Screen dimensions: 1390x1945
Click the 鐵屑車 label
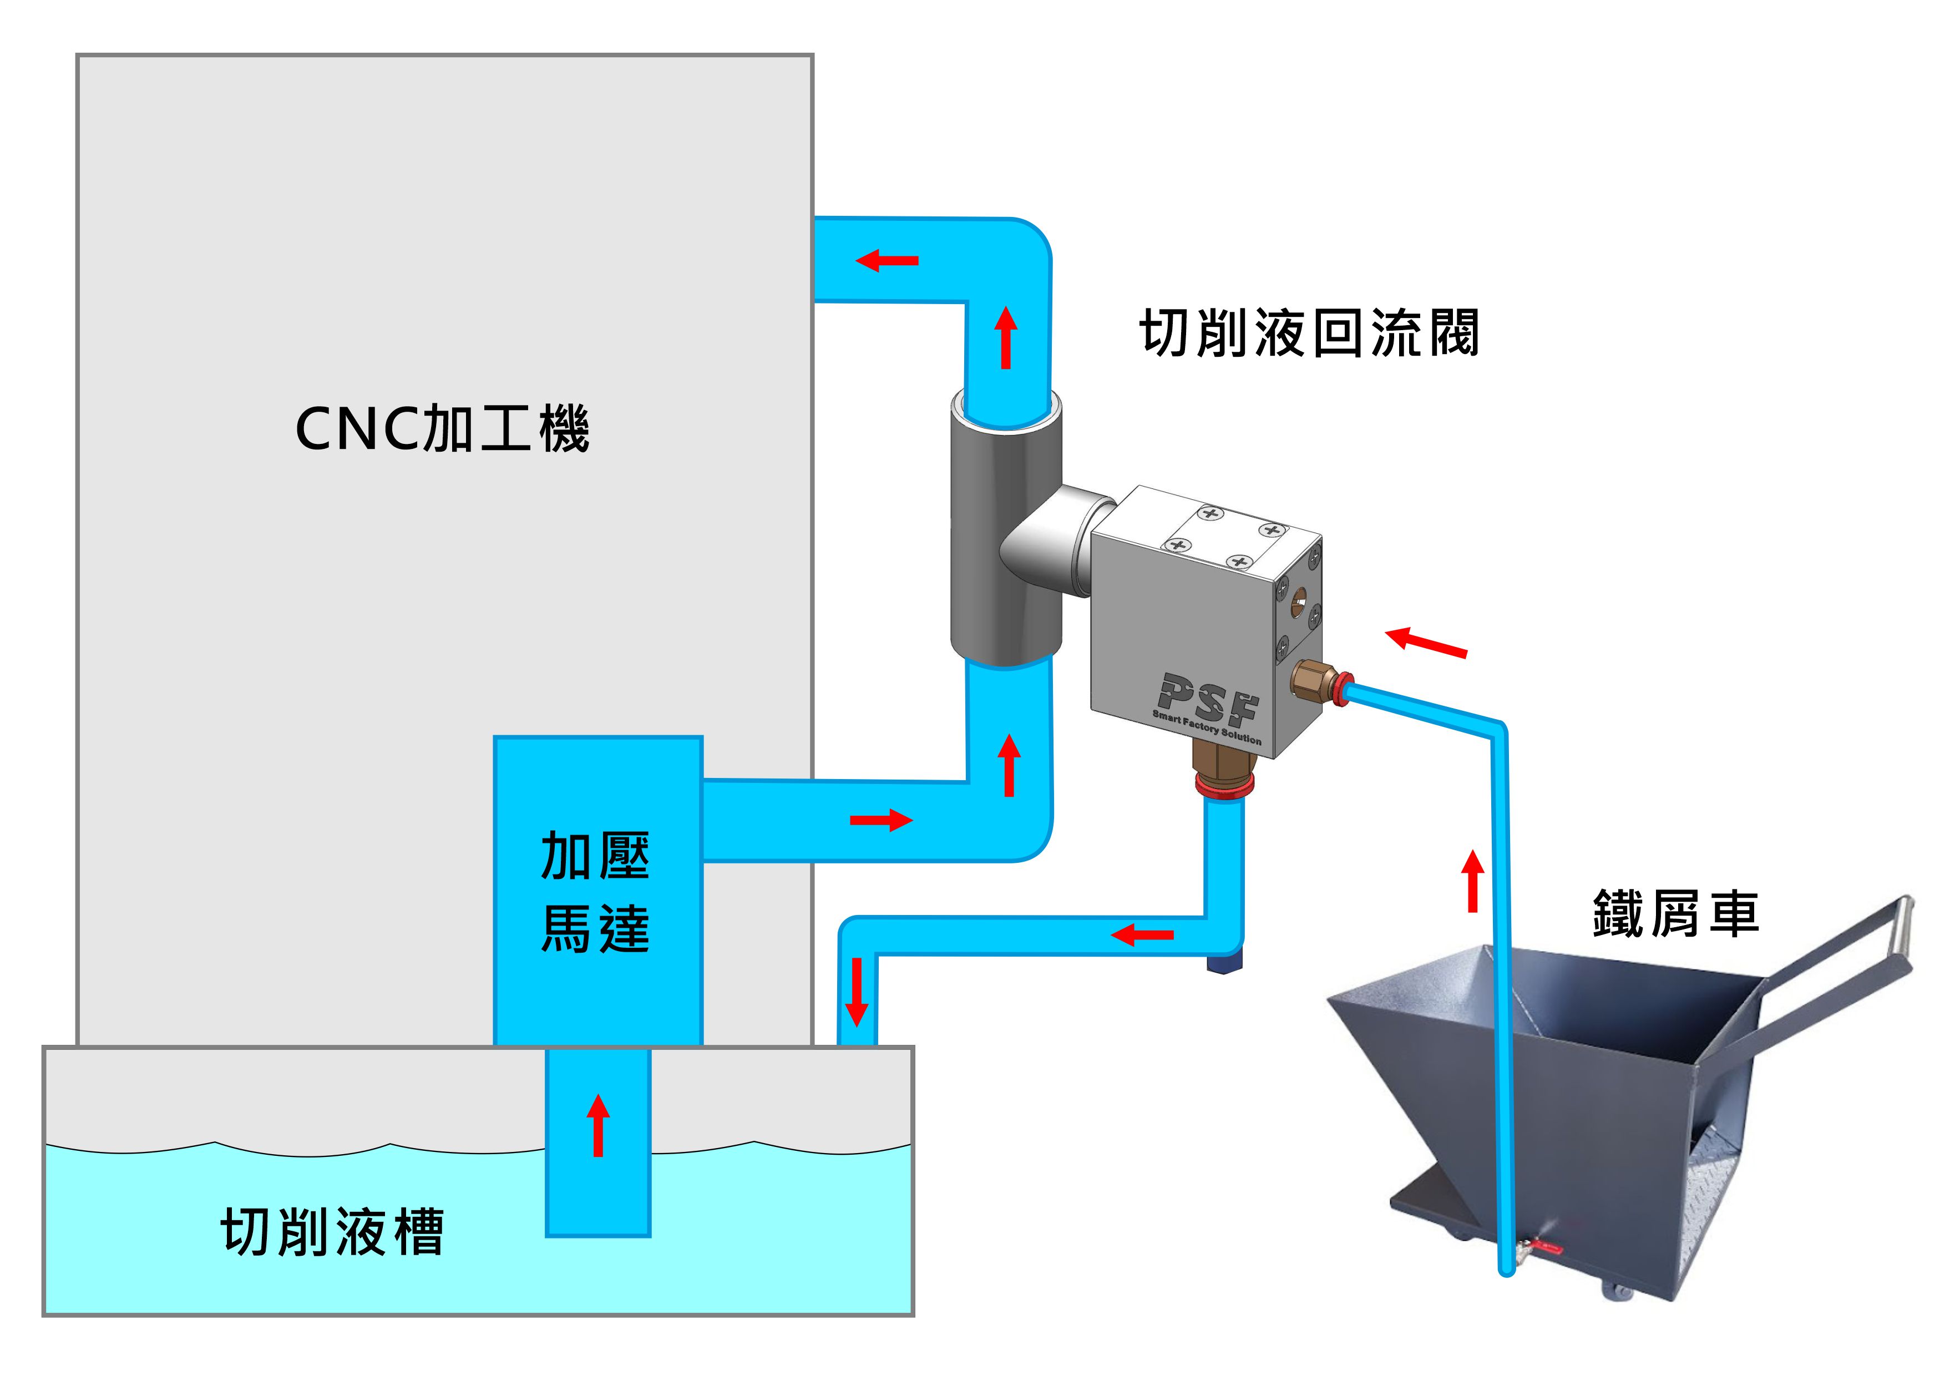[1675, 913]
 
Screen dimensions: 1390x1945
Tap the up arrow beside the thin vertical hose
[1473, 880]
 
